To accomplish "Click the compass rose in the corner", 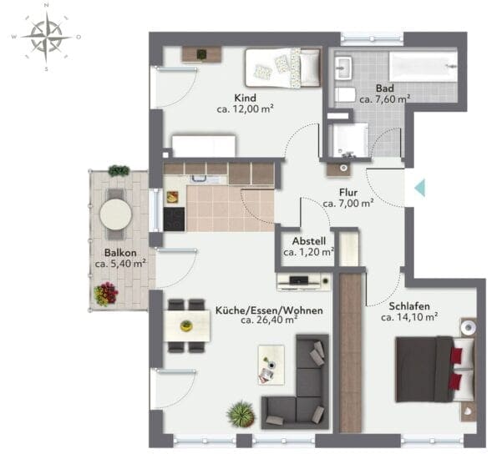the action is pyautogui.click(x=47, y=38).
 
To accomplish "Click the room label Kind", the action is pyautogui.click(x=245, y=98).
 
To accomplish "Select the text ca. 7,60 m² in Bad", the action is pyautogui.click(x=385, y=99).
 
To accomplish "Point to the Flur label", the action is pyautogui.click(x=348, y=192).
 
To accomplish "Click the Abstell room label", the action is pyautogui.click(x=309, y=241).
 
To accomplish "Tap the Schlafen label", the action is pyautogui.click(x=409, y=306).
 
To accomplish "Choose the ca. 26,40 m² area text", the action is pyautogui.click(x=269, y=320).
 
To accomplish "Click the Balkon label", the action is pyautogui.click(x=120, y=253).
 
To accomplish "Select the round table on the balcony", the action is pyautogui.click(x=116, y=214).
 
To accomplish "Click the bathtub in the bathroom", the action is pyautogui.click(x=423, y=66).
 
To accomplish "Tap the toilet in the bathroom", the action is pyautogui.click(x=345, y=94).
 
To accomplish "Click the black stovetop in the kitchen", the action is pyautogui.click(x=174, y=219).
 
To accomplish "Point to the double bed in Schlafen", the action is pyautogui.click(x=436, y=370).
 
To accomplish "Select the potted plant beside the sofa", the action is pyautogui.click(x=241, y=414).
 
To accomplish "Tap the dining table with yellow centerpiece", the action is pyautogui.click(x=187, y=326).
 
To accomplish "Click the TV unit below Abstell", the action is pyautogui.click(x=304, y=281).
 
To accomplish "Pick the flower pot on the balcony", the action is pyautogui.click(x=106, y=294).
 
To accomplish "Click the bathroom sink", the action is pyautogui.click(x=343, y=68).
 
